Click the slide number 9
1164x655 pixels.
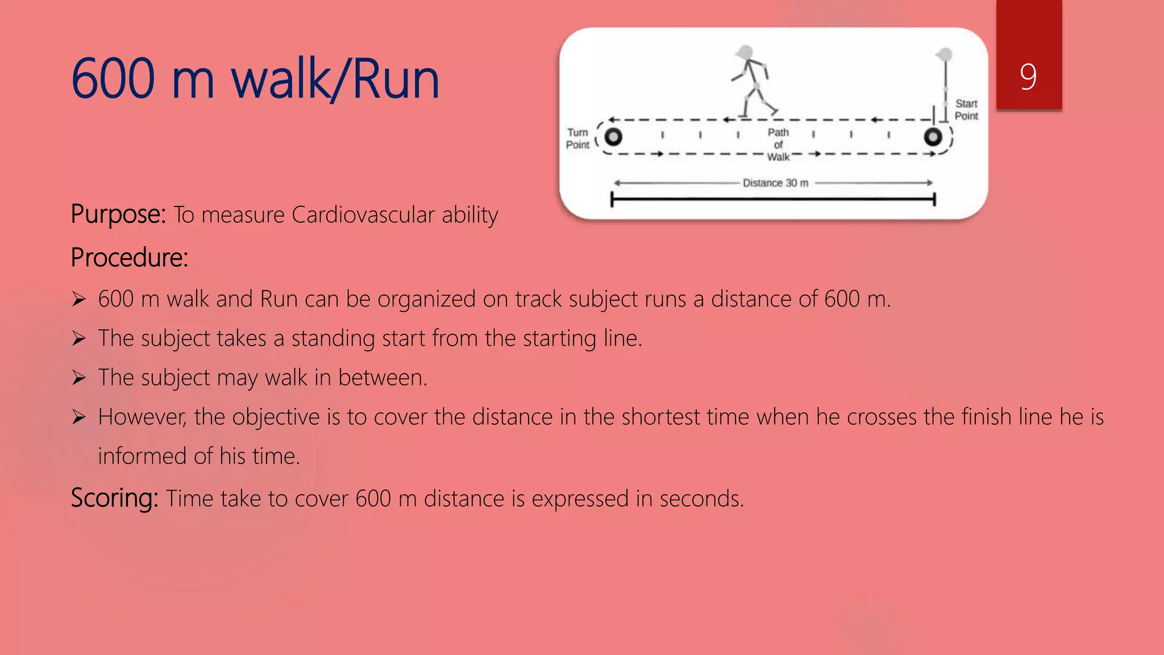coord(1028,76)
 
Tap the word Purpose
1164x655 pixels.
coord(117,215)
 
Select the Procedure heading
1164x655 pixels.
coord(129,258)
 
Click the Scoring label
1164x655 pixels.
coord(114,498)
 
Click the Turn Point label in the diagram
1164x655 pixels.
coord(577,138)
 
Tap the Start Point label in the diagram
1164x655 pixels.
coord(966,110)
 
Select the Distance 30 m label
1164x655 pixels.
coord(775,183)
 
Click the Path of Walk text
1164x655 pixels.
coord(778,144)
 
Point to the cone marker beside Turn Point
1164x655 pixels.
coord(613,137)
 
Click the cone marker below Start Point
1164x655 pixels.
coord(933,137)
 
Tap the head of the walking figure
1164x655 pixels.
coord(745,53)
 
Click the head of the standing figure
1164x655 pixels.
coord(945,55)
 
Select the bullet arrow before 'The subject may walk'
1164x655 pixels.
coord(79,378)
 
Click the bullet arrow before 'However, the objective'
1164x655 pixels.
coord(79,417)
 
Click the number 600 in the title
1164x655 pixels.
coord(113,80)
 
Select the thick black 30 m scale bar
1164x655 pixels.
coord(773,199)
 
